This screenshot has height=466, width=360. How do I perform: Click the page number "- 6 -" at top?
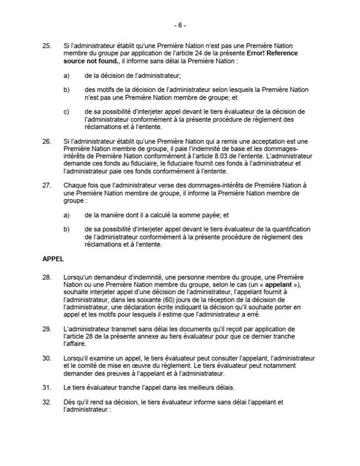pos(180,25)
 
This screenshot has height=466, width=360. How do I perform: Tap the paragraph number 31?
pos(47,388)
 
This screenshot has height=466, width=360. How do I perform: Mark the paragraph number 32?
pos(47,401)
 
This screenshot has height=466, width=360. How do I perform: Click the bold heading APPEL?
pos(52,260)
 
